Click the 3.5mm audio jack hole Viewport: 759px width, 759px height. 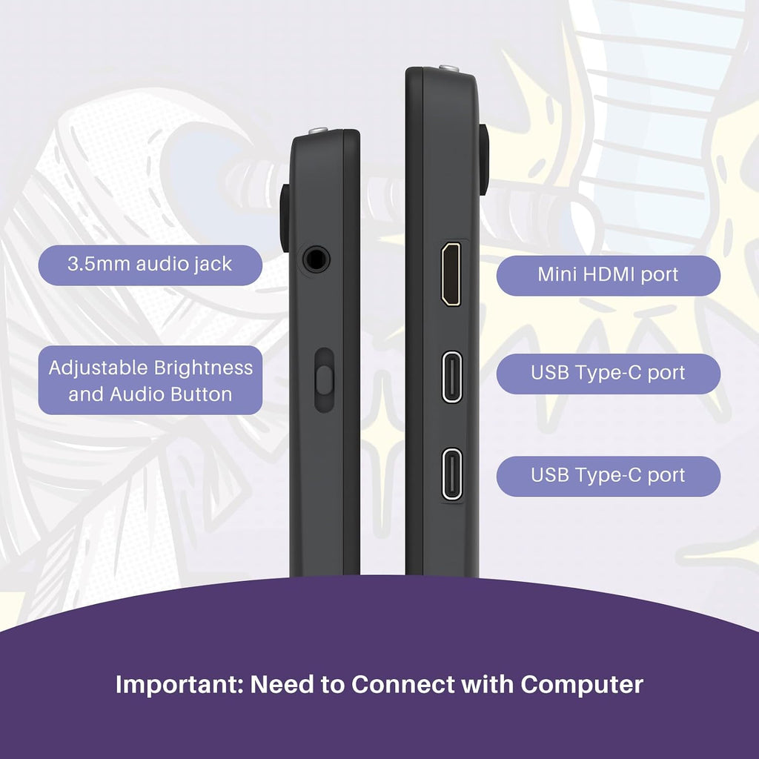point(316,259)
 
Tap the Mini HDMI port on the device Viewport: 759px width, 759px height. point(451,274)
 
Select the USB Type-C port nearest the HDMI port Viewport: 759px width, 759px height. point(452,377)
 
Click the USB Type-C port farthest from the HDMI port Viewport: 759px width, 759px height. point(452,474)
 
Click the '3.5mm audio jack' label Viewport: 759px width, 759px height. point(150,265)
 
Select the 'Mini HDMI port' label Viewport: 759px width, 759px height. point(608,276)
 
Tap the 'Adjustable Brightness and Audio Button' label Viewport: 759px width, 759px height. point(150,380)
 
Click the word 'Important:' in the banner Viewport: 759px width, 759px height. point(179,685)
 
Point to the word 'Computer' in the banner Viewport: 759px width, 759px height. point(582,685)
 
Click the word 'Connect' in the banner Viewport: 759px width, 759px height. point(403,684)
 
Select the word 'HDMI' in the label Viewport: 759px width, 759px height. point(609,274)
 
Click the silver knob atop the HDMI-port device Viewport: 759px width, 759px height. point(448,68)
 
